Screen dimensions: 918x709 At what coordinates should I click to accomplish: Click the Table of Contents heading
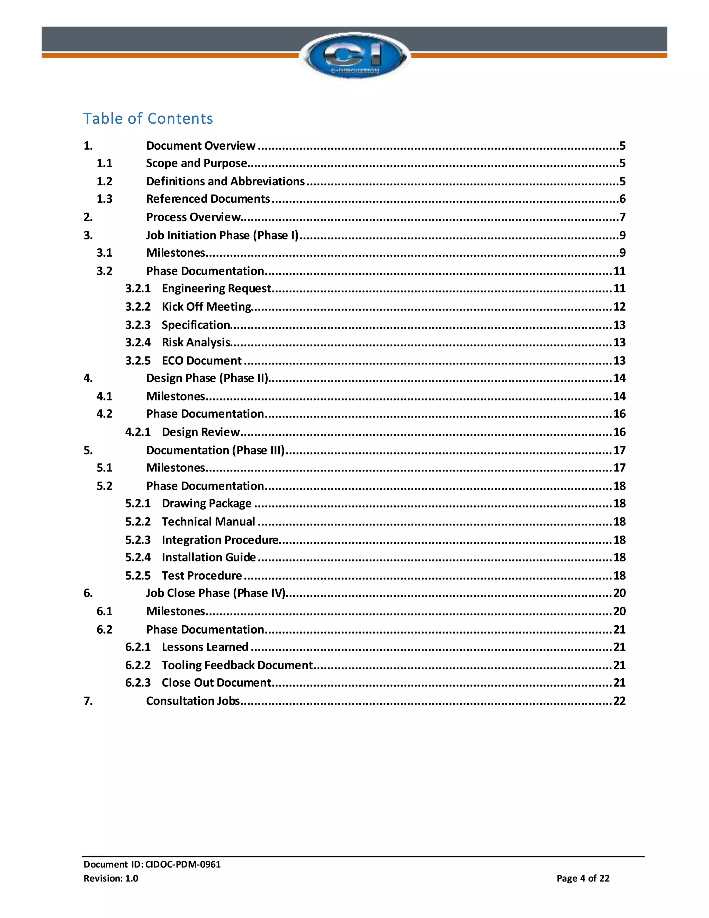[148, 118]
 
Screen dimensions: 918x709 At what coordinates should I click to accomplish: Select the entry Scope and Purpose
[197, 163]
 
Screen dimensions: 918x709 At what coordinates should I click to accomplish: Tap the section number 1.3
[104, 199]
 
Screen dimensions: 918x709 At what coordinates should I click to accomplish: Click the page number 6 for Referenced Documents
[622, 199]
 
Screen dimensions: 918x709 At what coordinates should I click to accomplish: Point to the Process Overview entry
[193, 217]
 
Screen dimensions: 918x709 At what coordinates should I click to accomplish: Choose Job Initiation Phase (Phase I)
[222, 235]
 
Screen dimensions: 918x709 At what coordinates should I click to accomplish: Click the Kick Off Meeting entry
[207, 307]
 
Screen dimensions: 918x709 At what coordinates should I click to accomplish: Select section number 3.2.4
[138, 343]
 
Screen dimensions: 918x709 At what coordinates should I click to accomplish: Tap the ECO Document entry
[201, 361]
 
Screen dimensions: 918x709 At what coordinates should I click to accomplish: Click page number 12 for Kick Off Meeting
[619, 307]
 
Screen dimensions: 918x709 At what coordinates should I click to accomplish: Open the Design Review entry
[201, 432]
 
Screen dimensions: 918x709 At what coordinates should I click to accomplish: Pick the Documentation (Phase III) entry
[215, 451]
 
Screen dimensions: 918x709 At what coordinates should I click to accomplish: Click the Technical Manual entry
[208, 522]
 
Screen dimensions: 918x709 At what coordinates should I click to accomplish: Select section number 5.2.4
[138, 557]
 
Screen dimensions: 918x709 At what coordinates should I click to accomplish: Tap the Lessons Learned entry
[205, 647]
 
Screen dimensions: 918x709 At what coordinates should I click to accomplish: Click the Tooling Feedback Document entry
[237, 665]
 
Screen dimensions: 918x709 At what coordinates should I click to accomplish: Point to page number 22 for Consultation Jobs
[619, 701]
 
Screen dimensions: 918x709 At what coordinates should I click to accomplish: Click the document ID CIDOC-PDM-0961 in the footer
[183, 864]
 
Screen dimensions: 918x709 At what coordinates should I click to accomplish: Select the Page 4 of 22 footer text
[583, 878]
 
